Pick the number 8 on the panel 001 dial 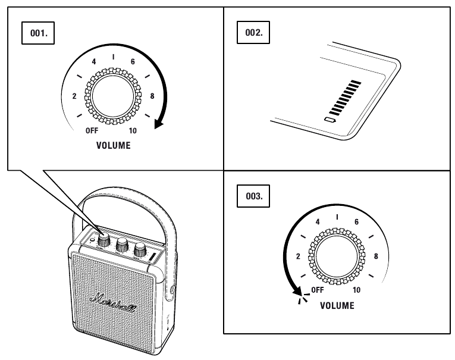(x=152, y=95)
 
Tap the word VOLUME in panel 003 (x=337, y=305)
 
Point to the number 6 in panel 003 (x=356, y=221)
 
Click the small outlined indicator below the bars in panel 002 (x=331, y=120)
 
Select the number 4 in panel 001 (x=93, y=62)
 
